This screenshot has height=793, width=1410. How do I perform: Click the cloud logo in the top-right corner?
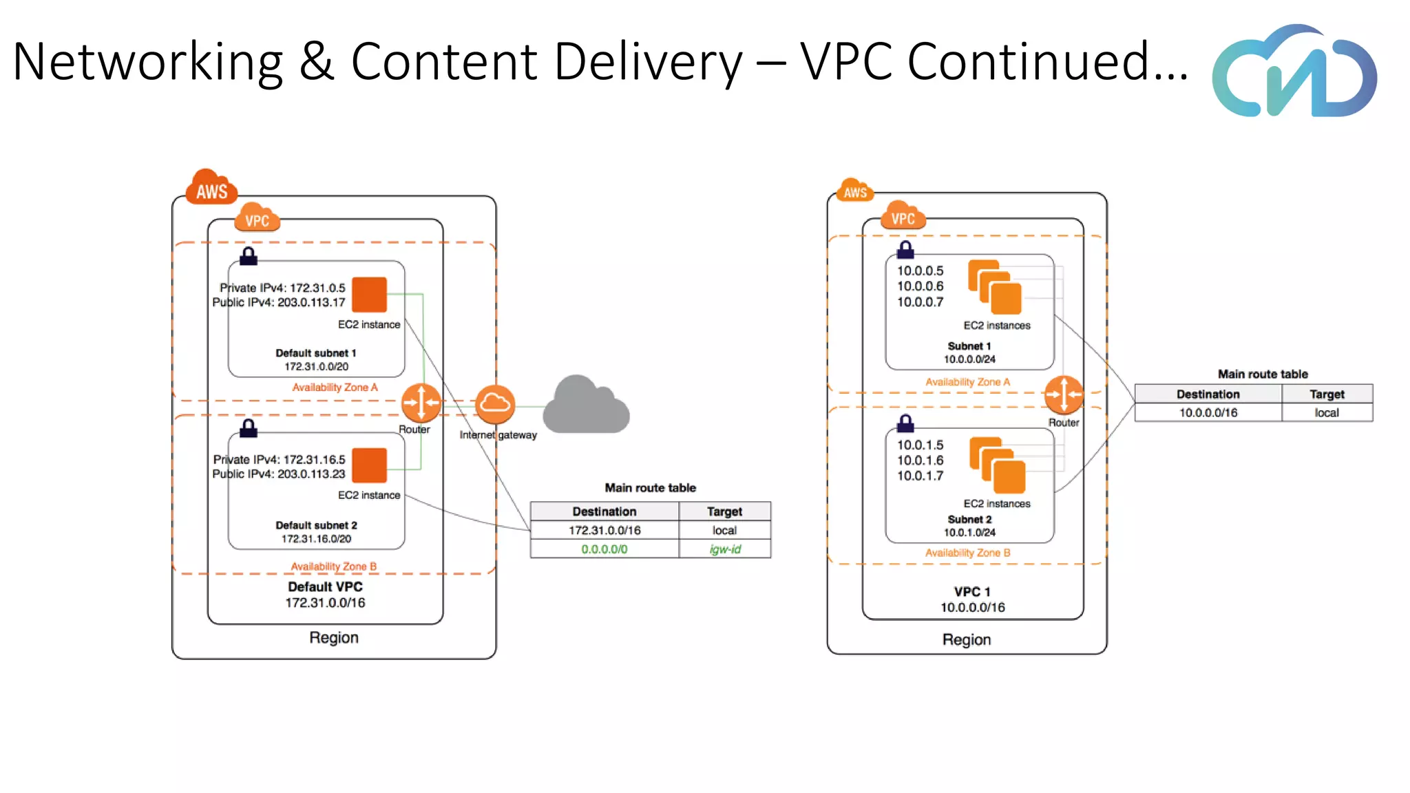[1294, 72]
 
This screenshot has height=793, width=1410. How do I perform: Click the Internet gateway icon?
[494, 404]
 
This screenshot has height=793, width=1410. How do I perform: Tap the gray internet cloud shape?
[586, 406]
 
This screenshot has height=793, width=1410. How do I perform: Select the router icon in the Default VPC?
[421, 403]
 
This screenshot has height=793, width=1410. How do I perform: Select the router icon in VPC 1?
[1064, 395]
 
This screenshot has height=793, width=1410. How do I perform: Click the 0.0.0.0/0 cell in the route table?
[604, 549]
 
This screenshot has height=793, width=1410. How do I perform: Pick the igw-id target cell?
[725, 549]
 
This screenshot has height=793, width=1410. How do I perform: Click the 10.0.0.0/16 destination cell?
[1208, 413]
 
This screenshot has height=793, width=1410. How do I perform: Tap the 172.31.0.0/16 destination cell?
[604, 531]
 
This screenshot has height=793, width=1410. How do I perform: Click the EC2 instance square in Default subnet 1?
[370, 295]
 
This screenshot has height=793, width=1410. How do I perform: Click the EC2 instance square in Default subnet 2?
[370, 465]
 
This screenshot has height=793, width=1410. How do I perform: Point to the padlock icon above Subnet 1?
[905, 249]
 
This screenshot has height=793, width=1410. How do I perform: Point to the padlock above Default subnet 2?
[249, 428]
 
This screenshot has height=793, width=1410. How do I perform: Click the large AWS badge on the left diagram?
[211, 188]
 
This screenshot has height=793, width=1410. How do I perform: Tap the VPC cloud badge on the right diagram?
[903, 216]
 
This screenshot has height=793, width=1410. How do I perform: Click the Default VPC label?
[325, 587]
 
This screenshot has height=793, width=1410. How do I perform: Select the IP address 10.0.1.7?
[920, 476]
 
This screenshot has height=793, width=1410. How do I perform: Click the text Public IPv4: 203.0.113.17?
[278, 303]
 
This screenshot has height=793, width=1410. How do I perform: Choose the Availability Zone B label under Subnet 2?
[967, 553]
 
